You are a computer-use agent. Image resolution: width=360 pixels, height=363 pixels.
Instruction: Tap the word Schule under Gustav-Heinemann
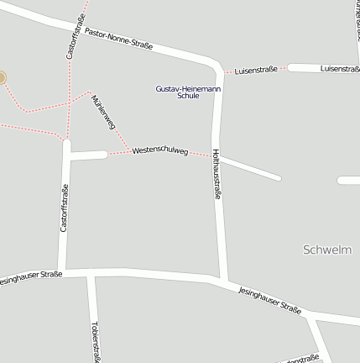click(x=189, y=96)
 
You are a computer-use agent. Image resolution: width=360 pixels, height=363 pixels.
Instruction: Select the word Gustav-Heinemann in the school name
click(x=189, y=88)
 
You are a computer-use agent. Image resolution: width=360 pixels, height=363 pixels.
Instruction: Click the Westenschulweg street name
click(x=159, y=151)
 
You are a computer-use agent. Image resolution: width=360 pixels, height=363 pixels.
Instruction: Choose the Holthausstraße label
click(x=217, y=174)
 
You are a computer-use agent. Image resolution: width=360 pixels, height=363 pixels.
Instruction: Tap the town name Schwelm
click(x=326, y=250)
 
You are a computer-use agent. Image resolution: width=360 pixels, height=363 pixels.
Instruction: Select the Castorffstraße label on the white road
click(x=64, y=207)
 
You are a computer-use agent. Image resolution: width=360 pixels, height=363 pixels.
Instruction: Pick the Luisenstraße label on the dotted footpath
click(x=256, y=69)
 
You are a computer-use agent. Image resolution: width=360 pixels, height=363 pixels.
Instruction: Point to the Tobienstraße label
click(x=96, y=340)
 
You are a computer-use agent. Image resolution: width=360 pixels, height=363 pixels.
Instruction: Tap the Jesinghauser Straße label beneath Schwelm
click(x=270, y=299)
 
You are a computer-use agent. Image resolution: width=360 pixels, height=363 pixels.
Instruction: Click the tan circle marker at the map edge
click(x=2, y=78)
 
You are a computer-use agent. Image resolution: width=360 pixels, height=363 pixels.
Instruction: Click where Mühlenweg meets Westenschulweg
click(x=128, y=152)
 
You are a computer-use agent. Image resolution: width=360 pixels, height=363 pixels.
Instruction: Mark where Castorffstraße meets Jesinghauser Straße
click(x=62, y=271)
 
